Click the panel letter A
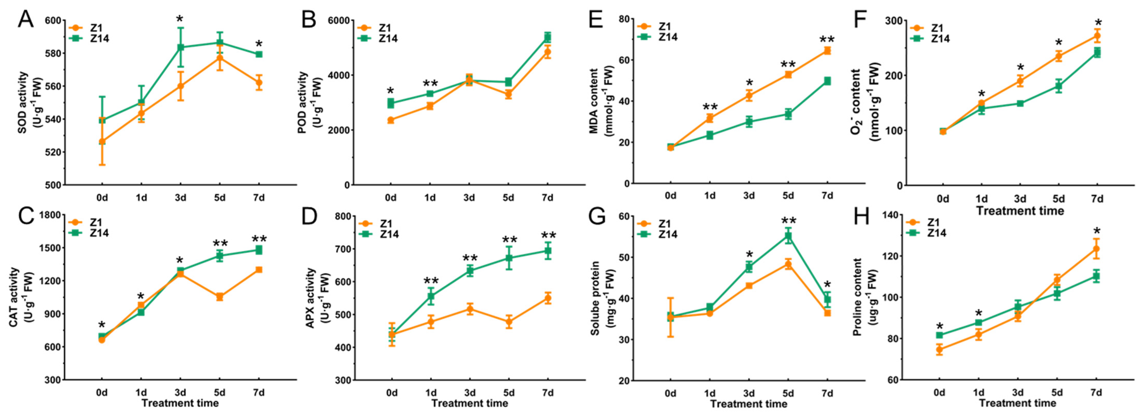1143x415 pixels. [26, 20]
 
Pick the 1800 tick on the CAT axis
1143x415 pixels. [50, 215]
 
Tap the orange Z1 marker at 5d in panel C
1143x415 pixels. [219, 297]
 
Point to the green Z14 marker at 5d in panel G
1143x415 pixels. [788, 236]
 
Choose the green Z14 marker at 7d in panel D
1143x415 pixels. [548, 251]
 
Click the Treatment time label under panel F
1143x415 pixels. [1020, 211]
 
